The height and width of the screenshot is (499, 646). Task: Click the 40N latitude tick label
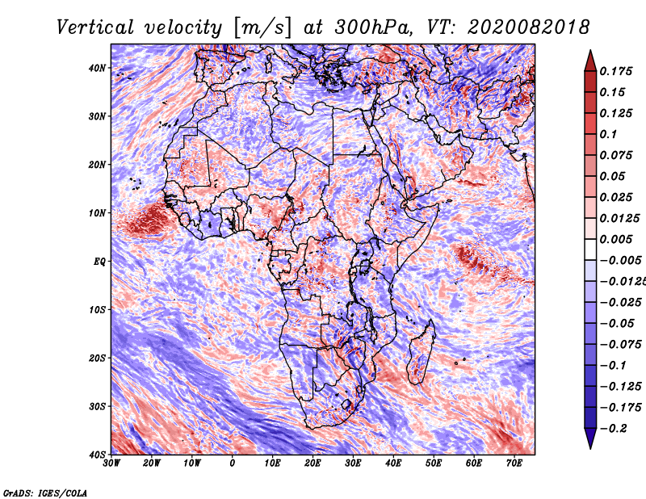click(97, 68)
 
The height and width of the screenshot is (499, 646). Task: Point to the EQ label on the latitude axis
click(99, 262)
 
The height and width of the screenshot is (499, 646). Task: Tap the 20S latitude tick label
click(97, 358)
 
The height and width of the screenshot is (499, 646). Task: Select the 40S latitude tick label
click(97, 455)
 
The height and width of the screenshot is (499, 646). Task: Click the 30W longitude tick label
click(111, 463)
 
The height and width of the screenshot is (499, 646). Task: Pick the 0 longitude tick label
click(233, 463)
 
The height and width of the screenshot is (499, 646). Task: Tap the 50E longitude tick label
click(434, 463)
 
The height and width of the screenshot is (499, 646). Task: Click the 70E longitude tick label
click(514, 463)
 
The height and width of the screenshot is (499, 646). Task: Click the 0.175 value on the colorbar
click(616, 72)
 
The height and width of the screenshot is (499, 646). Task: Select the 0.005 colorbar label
click(616, 239)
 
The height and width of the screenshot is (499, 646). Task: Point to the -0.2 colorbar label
click(613, 429)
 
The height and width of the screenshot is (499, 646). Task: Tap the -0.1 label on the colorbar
click(613, 366)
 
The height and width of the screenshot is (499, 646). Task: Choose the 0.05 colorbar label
click(613, 176)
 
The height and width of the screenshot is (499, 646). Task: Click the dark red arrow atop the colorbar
click(590, 62)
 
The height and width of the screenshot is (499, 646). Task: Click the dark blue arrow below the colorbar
click(590, 438)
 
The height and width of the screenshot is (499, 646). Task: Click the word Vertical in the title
click(94, 27)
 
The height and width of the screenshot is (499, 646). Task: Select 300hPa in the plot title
click(373, 27)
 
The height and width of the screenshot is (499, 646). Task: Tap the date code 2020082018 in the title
click(528, 27)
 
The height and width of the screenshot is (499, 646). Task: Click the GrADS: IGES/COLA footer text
click(45, 493)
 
